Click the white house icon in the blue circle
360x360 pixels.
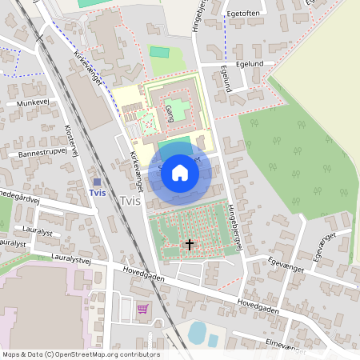click(180, 172)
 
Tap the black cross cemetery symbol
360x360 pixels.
click(190, 244)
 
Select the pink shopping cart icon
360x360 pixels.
click(142, 308)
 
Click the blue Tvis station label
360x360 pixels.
click(98, 193)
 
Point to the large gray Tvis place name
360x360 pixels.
click(130, 201)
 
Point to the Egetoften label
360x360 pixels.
click(244, 14)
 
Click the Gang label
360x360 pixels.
click(169, 113)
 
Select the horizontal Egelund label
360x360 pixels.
click(255, 63)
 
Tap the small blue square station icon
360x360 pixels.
click(97, 182)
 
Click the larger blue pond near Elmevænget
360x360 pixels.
click(196, 332)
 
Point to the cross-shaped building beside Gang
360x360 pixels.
click(182, 108)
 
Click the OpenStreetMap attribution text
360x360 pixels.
click(80, 354)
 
